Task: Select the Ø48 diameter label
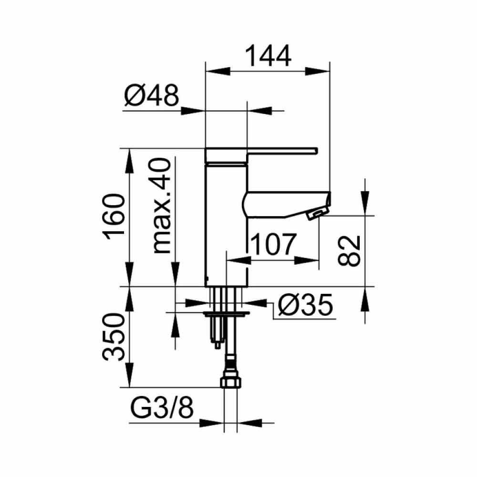click(152, 95)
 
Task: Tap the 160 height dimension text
click(114, 217)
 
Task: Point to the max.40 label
click(161, 206)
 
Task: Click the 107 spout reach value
click(274, 244)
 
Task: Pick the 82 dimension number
click(349, 251)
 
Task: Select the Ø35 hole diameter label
click(305, 305)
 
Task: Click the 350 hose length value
click(114, 337)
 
